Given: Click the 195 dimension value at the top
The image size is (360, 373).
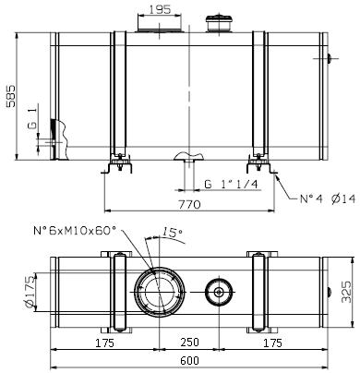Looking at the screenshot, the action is tap(160, 9).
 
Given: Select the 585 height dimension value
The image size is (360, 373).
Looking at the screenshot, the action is tap(11, 96).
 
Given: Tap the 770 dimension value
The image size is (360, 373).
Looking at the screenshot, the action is tap(189, 204).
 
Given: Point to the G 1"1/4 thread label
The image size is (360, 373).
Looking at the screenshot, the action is tap(231, 184).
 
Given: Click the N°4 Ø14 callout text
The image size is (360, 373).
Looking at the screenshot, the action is tap(328, 199).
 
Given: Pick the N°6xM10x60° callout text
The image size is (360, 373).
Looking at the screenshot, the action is tap(75, 230).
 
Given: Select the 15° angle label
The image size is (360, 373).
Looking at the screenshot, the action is tap(172, 232).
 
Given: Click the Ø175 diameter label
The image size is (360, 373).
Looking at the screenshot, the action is tap(30, 292).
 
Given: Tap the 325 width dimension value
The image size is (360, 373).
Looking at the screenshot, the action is tap(346, 292).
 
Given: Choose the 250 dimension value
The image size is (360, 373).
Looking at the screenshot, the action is tap(189, 342).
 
